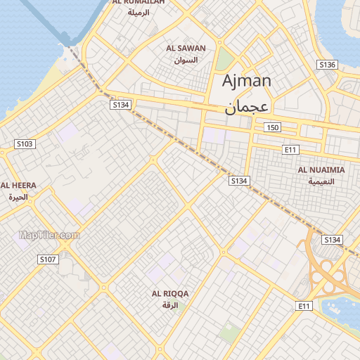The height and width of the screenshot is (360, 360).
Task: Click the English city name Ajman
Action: click(x=246, y=81)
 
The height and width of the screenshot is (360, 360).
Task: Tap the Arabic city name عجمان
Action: click(x=247, y=107)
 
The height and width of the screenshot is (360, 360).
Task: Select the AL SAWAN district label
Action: click(x=186, y=49)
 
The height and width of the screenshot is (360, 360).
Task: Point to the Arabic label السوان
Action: click(x=186, y=60)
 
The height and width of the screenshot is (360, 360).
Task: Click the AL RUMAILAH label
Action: click(x=139, y=3)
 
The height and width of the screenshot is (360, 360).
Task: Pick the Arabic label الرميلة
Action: click(x=139, y=13)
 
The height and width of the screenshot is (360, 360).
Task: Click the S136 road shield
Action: click(x=327, y=65)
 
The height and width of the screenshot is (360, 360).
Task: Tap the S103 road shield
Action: click(x=25, y=144)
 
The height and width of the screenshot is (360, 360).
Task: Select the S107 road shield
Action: click(x=47, y=259)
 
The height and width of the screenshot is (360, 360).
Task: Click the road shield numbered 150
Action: click(x=273, y=127)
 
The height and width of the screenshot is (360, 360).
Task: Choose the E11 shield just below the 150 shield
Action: click(x=290, y=150)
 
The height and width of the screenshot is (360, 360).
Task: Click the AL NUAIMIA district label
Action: click(x=321, y=170)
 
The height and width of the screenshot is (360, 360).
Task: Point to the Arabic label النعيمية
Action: click(x=321, y=181)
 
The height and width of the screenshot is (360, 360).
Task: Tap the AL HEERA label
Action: click(x=18, y=186)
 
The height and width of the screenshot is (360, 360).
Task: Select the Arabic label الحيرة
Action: click(x=18, y=197)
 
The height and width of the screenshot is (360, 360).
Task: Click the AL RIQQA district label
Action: click(x=170, y=293)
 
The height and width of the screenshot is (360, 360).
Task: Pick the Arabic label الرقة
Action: click(x=170, y=305)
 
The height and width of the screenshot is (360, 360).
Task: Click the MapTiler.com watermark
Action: click(x=49, y=236)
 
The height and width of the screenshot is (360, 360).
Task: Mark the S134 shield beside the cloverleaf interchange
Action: click(x=332, y=240)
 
